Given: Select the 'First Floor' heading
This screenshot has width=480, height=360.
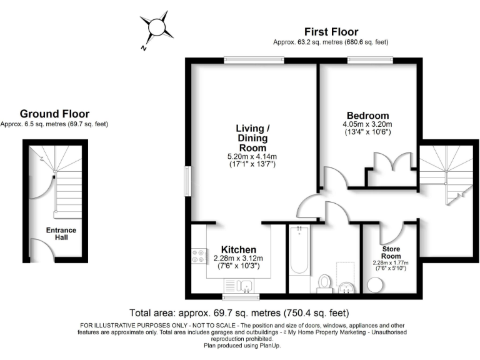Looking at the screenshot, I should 331,32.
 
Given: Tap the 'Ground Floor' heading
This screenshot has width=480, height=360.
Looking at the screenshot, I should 54,114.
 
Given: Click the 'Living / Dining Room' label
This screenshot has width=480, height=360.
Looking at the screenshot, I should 252,137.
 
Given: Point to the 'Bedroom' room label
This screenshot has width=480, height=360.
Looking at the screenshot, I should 367,116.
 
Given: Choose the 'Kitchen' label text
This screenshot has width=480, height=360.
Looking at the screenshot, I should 238,249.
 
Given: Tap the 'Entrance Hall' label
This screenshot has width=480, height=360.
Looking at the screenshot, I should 61,234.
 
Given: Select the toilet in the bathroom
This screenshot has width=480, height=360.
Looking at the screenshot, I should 325,283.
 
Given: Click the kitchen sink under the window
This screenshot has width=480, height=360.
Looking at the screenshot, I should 245,286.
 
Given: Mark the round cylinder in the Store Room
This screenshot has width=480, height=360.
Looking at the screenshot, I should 376,285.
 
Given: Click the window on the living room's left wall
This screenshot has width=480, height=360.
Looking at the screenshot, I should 187,181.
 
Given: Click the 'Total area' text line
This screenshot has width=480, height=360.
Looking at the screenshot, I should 239,312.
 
